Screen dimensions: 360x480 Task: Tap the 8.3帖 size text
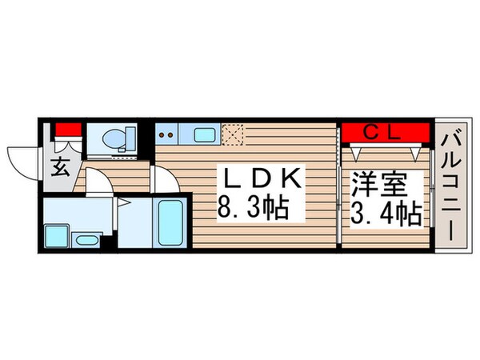[253, 211]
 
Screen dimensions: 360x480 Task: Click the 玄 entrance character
[62, 167]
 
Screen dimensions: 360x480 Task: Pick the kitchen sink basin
[205, 134]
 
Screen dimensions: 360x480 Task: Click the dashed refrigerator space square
[232, 134]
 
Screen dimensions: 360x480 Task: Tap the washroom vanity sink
[86, 238]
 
